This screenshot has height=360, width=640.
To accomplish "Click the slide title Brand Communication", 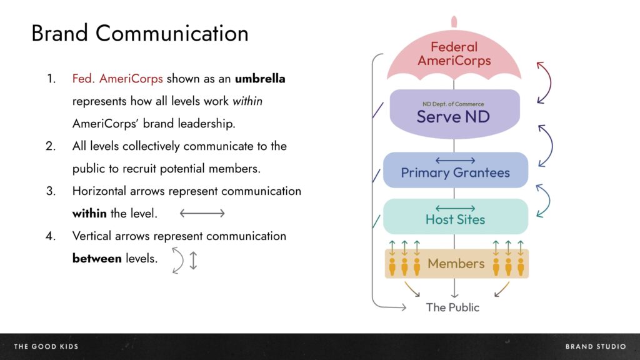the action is click(139, 33).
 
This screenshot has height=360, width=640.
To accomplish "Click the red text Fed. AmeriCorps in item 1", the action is click(117, 78).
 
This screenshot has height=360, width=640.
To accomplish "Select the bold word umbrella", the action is click(260, 78).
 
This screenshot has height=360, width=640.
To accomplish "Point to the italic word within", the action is click(247, 101).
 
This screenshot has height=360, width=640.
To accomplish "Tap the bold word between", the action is click(97, 258).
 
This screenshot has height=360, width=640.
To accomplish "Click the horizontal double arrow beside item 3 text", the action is click(202, 213).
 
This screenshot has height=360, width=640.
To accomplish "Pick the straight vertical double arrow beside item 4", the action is click(194, 261).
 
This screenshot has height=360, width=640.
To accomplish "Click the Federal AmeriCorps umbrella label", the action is click(454, 54).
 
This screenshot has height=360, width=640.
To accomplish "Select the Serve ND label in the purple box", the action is click(453, 117).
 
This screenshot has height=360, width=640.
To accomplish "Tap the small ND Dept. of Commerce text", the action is click(453, 104).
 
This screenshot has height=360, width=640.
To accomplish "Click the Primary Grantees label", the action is click(455, 172).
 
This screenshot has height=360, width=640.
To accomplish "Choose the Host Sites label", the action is click(455, 219).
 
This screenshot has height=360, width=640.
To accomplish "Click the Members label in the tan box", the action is click(456, 264).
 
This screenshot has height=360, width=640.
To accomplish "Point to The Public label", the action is click(452, 307).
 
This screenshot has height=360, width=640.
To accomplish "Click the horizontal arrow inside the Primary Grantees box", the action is click(455, 161).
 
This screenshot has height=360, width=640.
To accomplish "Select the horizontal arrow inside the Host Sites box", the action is click(455, 208).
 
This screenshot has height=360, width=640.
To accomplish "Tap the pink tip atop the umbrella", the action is click(454, 22).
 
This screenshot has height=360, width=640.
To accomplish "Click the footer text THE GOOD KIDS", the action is click(46, 346).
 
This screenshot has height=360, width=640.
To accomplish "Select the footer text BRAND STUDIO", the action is click(596, 346).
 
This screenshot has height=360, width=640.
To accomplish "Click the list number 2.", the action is click(51, 146).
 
